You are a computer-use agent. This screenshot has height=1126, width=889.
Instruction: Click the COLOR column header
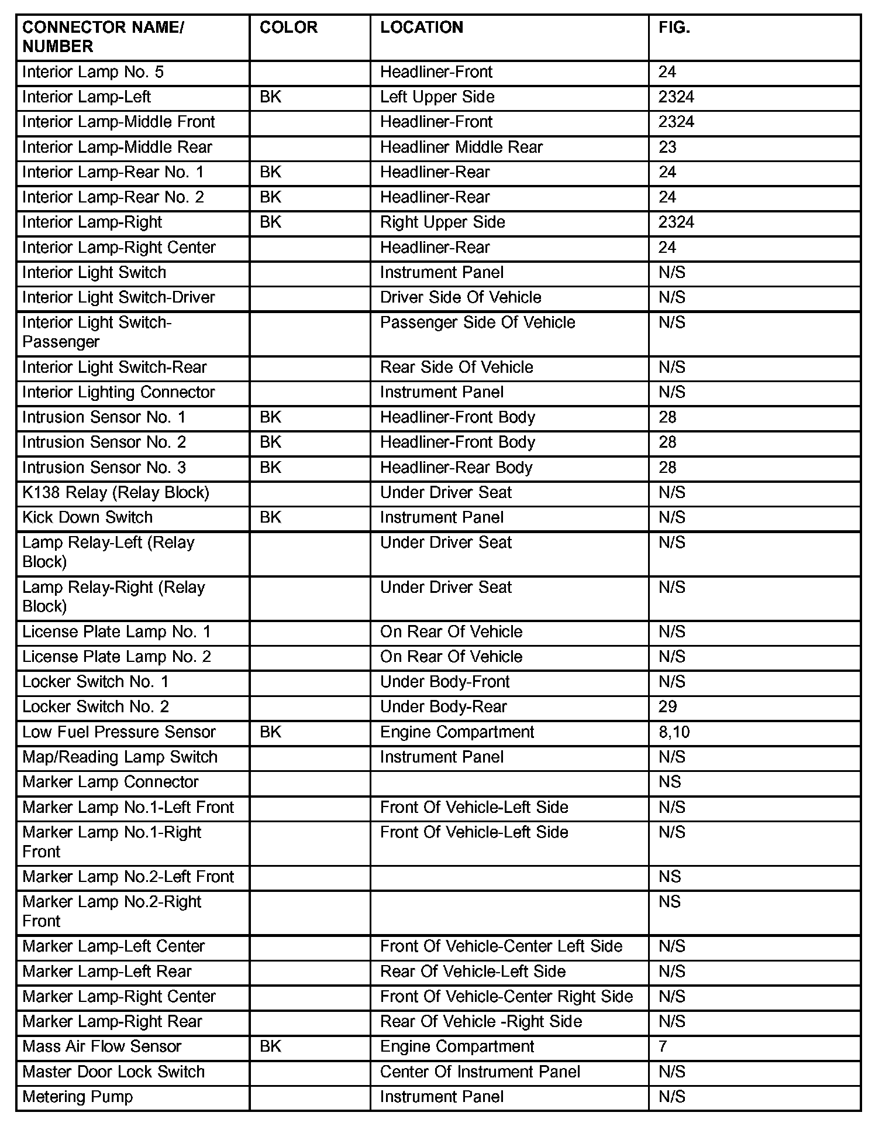coord(288,28)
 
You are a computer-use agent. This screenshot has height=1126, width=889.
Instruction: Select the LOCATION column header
coord(421,28)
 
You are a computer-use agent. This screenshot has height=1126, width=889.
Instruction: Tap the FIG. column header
coord(674,28)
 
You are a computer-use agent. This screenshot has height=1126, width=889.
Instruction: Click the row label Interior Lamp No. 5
coord(93,72)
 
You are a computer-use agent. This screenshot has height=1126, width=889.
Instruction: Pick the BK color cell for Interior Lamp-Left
coord(270,97)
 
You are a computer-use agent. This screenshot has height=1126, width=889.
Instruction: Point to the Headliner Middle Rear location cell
coord(461,147)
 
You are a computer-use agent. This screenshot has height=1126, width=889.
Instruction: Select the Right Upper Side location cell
coord(442,222)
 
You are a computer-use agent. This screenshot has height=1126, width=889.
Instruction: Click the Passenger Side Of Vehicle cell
coord(477,322)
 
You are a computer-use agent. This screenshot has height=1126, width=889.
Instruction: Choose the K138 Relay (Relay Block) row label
coord(115,493)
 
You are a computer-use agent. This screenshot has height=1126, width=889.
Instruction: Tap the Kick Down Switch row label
coord(87,518)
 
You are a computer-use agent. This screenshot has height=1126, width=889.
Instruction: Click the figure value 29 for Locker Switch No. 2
coord(667,707)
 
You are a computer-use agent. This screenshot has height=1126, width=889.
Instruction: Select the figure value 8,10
coord(674,732)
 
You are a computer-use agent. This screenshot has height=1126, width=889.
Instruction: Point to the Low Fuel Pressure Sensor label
coord(119,732)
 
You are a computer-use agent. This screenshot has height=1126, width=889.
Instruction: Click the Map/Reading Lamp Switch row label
coord(120,757)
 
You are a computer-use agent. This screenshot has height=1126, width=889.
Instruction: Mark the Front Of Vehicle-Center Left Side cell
coord(501,946)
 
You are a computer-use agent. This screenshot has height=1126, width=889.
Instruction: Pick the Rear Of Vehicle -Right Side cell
coord(481,1022)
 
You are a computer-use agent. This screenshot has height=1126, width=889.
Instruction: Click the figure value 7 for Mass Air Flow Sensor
coord(663,1046)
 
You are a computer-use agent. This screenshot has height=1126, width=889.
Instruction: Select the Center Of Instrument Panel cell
coord(480,1072)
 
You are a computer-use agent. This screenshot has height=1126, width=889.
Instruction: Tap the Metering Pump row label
coord(77,1097)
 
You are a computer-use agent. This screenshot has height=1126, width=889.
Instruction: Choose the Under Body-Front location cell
coord(444,682)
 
